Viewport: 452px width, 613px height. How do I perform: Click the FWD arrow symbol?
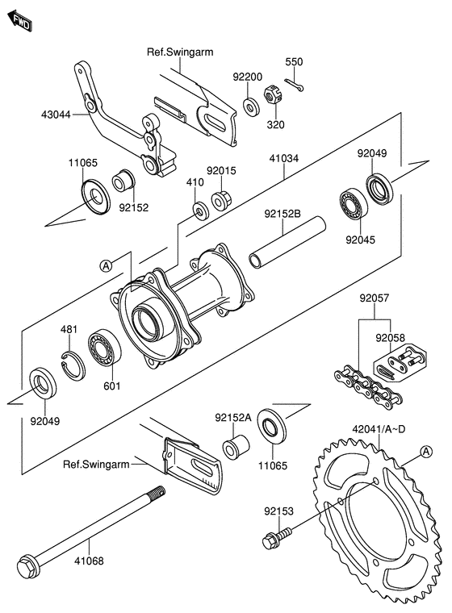19,21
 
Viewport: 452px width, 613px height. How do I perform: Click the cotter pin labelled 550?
294,85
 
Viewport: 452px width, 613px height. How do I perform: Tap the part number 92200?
247,77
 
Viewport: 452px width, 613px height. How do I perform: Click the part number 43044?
56,115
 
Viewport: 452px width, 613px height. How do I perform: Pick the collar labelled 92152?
123,180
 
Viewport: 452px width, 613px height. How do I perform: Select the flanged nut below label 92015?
221,200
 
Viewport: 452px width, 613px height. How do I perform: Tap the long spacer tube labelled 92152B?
287,243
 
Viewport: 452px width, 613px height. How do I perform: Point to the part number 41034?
284,158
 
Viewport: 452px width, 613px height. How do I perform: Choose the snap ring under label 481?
73,366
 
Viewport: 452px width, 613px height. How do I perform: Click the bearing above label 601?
104,348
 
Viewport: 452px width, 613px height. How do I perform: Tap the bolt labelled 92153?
278,537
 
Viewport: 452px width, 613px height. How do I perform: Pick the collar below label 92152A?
236,447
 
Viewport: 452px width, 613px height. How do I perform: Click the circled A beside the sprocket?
426,452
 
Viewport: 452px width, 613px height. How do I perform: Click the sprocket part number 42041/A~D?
379,429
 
